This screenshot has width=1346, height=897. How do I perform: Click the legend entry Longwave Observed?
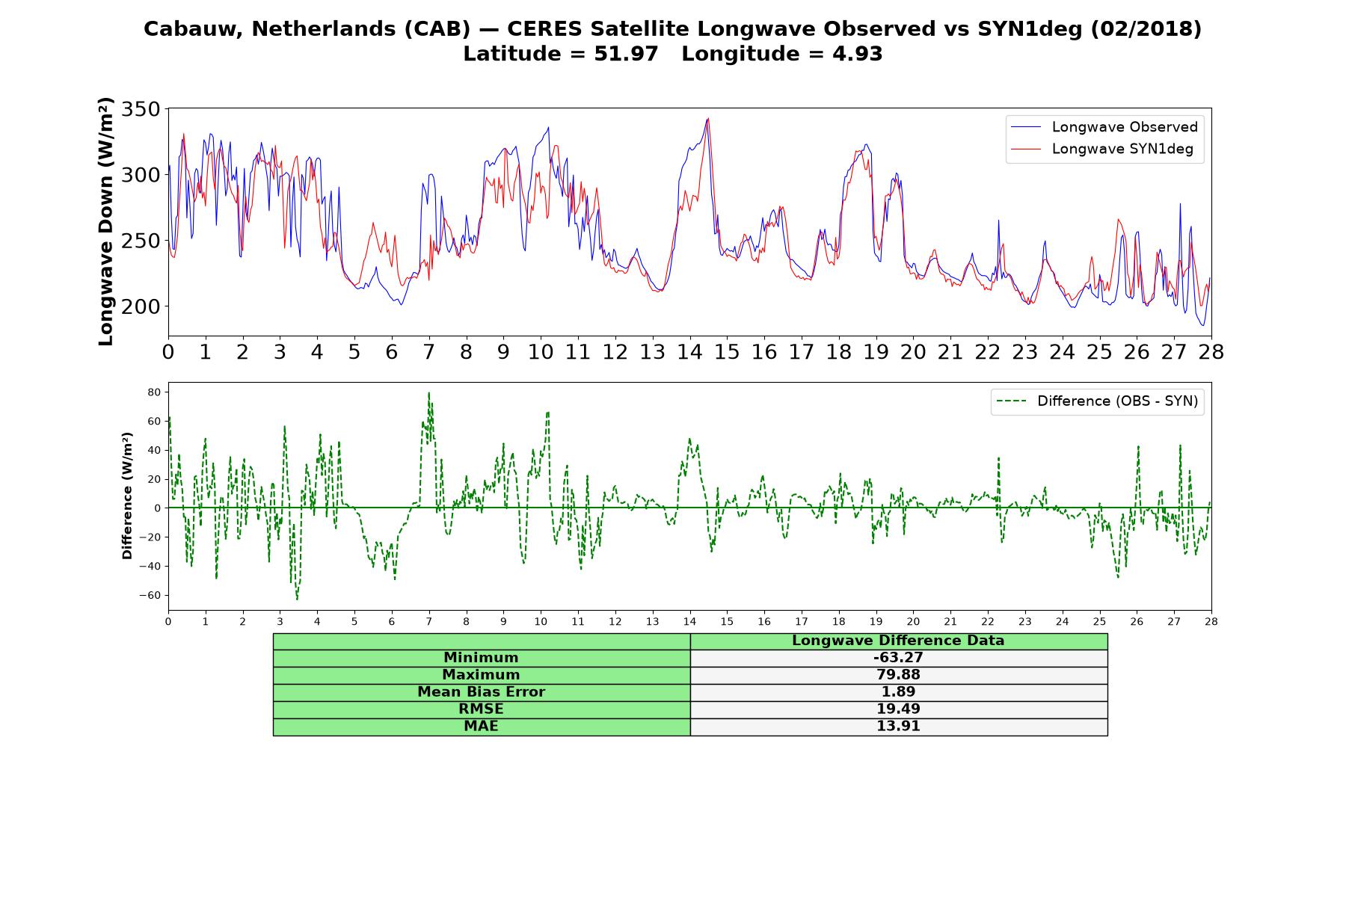(x=1104, y=127)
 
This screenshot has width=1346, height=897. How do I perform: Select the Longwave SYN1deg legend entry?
(x=1101, y=149)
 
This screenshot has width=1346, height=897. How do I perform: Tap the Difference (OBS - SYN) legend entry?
(x=1097, y=401)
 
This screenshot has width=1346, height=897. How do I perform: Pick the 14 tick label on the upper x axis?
(x=689, y=351)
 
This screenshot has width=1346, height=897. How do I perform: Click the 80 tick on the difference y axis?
(x=155, y=392)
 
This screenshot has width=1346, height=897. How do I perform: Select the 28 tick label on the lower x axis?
(x=1211, y=621)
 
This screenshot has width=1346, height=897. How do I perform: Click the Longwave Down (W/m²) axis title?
(x=106, y=221)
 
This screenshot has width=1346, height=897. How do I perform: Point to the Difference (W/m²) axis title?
(x=127, y=496)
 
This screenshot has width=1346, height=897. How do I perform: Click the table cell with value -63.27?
(x=898, y=658)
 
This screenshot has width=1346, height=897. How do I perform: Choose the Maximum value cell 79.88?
(x=898, y=675)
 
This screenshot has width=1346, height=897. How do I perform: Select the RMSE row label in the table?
(x=481, y=709)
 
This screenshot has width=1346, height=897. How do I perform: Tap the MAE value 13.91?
(x=898, y=727)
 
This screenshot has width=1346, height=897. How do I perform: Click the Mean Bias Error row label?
(x=481, y=692)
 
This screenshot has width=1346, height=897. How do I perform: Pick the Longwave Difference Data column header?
(x=898, y=641)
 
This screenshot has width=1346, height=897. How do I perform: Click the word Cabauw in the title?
(x=193, y=29)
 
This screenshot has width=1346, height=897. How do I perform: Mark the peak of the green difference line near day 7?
(x=428, y=392)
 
